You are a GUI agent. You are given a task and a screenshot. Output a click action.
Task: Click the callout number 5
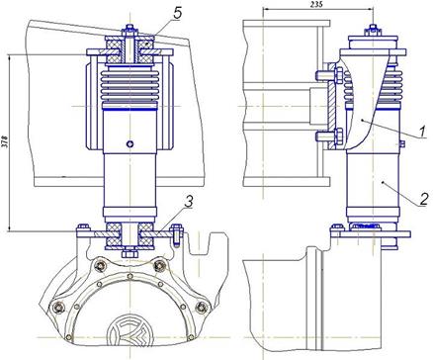click(x=177, y=13)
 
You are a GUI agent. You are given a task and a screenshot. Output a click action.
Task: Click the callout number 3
click(x=189, y=202)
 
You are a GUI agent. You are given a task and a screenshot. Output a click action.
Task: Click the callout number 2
click(x=425, y=199)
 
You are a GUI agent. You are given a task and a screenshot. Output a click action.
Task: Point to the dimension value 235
click(x=316, y=4)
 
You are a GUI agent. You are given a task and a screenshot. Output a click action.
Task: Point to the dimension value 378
click(x=5, y=141)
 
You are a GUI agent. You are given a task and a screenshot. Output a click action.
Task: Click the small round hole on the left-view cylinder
click(x=130, y=143)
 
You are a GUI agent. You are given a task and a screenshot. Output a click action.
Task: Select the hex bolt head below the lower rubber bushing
click(x=130, y=253)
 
